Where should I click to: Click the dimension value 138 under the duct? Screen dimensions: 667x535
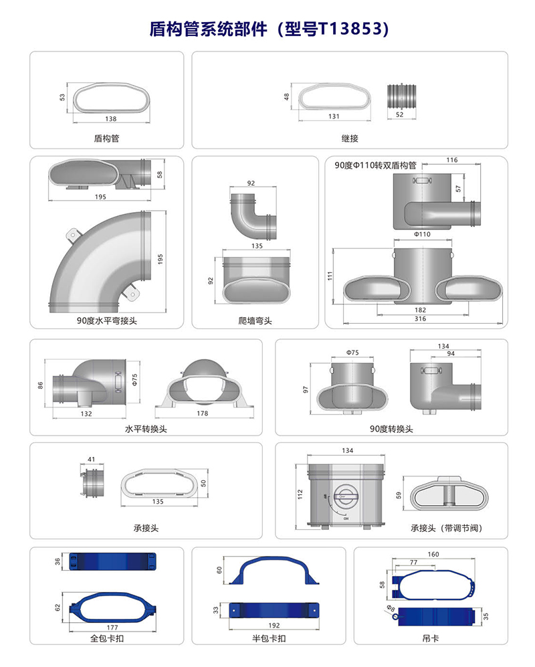(111, 119)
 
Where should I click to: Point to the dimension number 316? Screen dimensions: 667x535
(420, 319)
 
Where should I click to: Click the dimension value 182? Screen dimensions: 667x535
(420, 310)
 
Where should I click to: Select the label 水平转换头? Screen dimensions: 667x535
(146, 429)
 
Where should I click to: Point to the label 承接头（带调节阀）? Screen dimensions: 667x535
(446, 528)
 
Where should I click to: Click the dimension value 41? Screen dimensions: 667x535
(92, 460)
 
